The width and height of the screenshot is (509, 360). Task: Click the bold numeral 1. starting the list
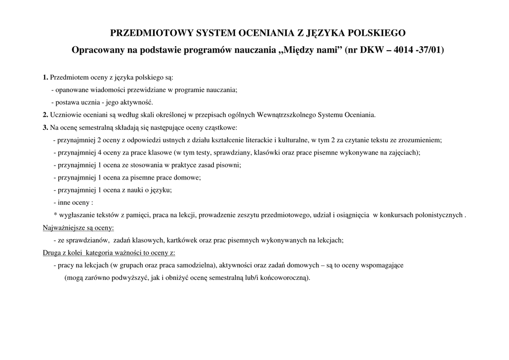coord(45,77)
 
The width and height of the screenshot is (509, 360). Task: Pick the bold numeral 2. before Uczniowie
coord(45,114)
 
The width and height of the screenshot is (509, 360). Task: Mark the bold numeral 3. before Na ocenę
coord(45,127)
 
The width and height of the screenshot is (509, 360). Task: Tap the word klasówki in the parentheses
coord(267,152)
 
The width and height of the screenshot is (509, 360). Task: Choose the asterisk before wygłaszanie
coord(55,215)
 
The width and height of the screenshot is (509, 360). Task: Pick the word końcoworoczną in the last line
coord(286,277)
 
